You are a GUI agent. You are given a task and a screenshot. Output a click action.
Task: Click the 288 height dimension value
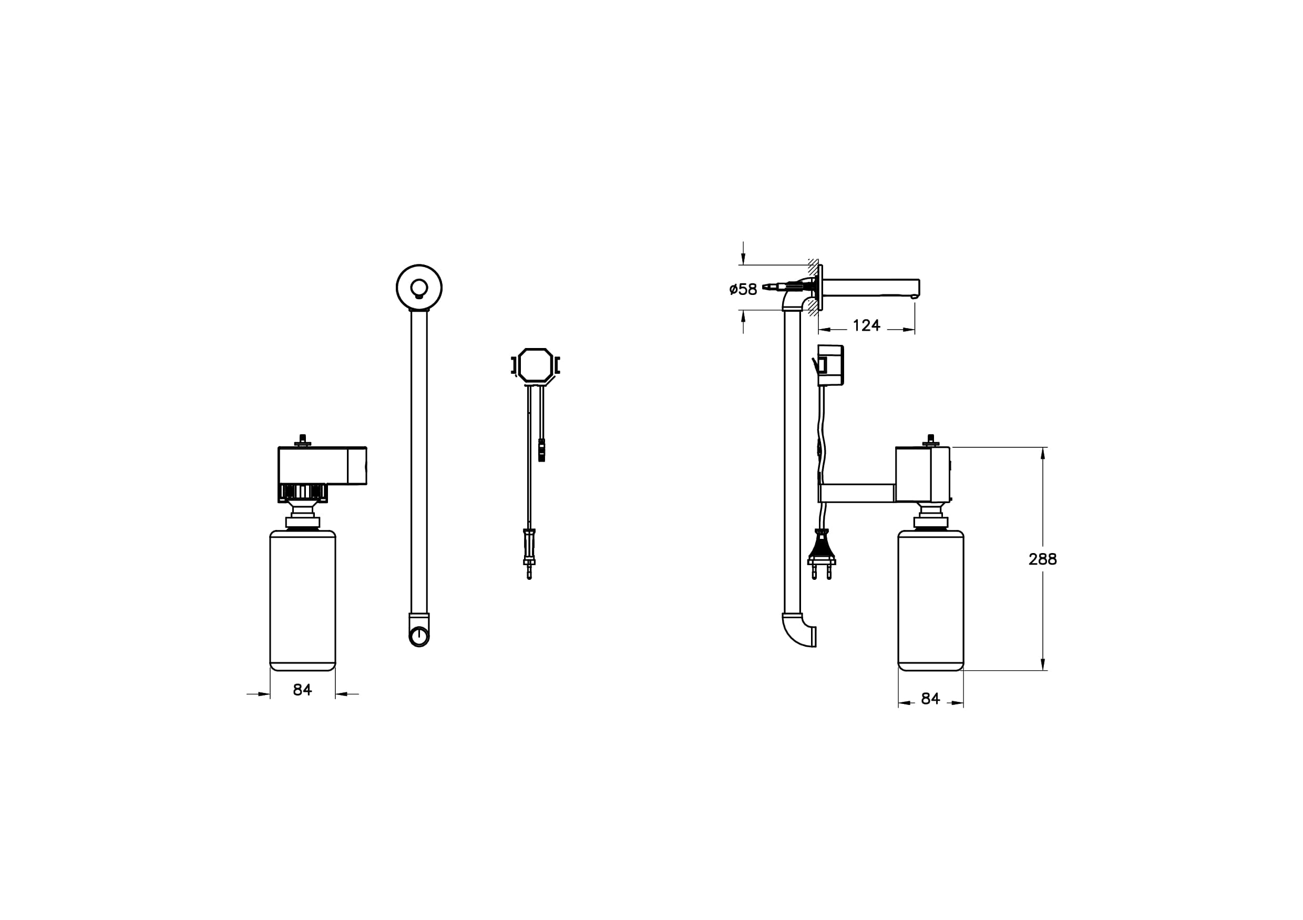point(1042,559)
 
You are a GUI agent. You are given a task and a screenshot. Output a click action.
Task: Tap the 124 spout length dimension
point(867,325)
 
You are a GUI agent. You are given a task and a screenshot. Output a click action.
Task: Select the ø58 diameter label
point(743,289)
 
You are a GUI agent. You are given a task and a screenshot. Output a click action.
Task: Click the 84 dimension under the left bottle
point(302,690)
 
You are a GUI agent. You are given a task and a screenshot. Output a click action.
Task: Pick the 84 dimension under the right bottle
point(931,699)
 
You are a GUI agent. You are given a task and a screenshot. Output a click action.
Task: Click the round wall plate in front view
point(419,288)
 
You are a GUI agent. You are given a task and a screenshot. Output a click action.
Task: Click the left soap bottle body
point(302,600)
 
